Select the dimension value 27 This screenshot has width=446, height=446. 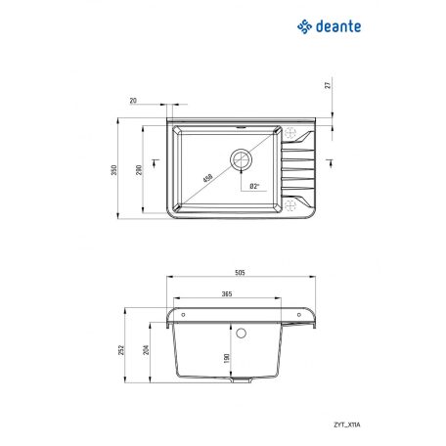pos(327,85)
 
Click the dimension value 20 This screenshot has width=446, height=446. pos(133,101)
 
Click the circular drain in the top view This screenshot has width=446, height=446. pos(241,158)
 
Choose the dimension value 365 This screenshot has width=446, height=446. pos(227,293)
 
